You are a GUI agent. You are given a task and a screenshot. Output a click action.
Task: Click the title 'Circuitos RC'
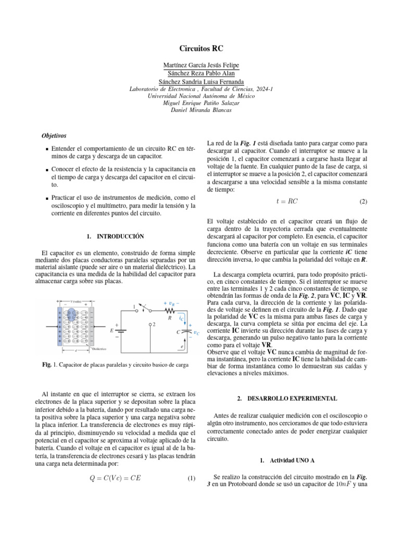point(201,47)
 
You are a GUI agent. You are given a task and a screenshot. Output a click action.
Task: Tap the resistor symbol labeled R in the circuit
point(169,310)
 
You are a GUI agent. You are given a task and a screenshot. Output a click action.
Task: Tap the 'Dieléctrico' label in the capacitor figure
point(99,349)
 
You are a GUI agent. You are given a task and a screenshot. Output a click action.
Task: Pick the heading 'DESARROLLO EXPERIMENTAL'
point(286,398)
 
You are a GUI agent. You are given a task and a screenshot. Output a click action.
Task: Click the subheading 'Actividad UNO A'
point(286,461)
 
